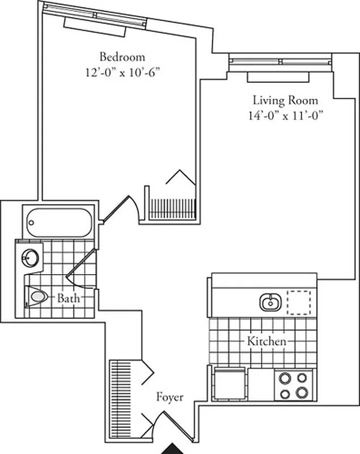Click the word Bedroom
tap(122, 57)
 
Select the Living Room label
tap(285, 100)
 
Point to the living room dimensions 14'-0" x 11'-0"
tap(285, 115)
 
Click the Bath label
tap(67, 298)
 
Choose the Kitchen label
tap(266, 342)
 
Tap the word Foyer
tap(170, 397)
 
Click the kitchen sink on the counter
tap(270, 302)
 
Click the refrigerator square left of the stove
tap(230, 383)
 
